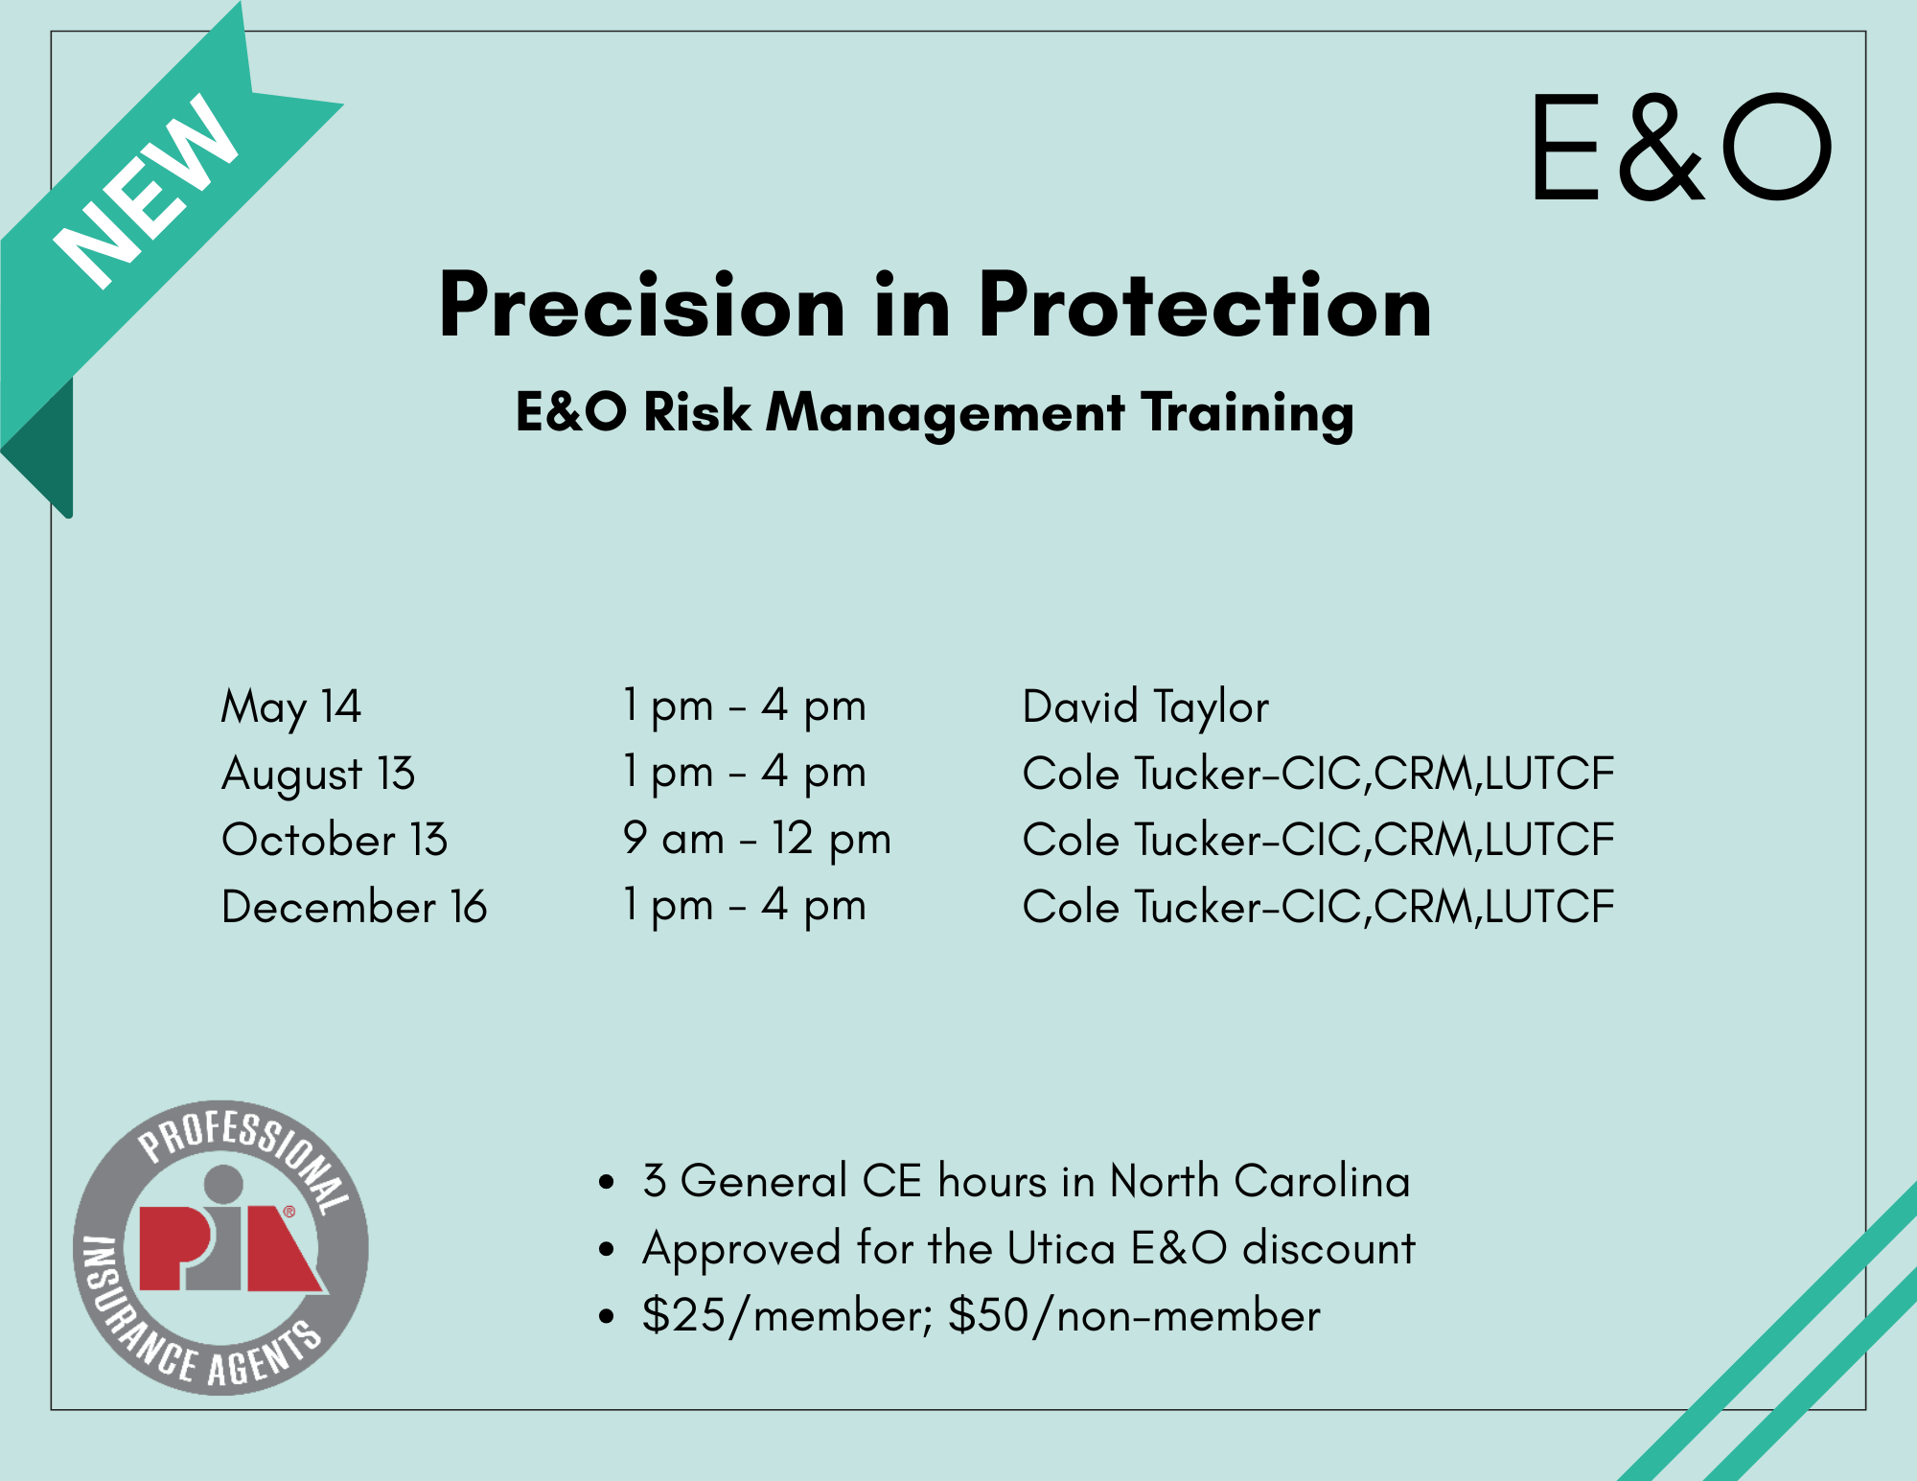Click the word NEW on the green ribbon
coord(146,191)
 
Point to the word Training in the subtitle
coord(1247,413)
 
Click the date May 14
coord(291,708)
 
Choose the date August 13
coord(318,775)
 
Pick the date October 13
coord(335,841)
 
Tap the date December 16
coord(355,907)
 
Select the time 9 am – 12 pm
coord(757,840)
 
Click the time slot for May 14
coord(745,707)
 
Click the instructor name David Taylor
coord(1145,708)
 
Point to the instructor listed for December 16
coord(1319,907)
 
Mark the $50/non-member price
coord(1134,1315)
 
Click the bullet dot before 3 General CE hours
coord(606,1183)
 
